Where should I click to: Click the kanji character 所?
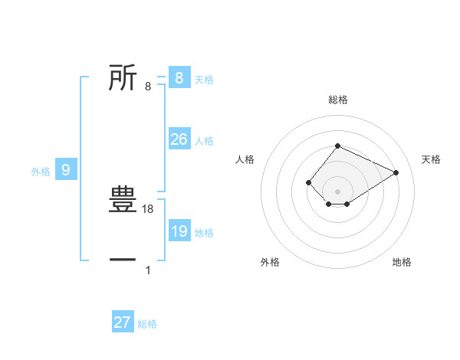[x=123, y=77]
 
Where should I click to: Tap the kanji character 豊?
[x=123, y=200]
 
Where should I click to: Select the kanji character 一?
[x=123, y=260]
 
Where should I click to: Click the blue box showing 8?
[x=179, y=77]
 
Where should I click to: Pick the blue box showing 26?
[x=179, y=139]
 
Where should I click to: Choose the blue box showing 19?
[x=179, y=231]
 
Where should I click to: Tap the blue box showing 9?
[x=66, y=170]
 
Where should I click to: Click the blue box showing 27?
[x=123, y=322]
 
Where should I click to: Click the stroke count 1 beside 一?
[x=148, y=270]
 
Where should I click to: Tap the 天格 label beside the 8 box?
[x=204, y=79]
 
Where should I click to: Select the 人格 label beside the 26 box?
[x=204, y=141]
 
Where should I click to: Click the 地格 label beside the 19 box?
[x=204, y=233]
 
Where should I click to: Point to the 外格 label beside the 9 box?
[x=41, y=172]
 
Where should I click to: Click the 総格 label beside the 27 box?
[x=147, y=324]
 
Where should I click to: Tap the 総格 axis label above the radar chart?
[x=337, y=100]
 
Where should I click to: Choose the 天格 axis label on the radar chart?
[x=432, y=159]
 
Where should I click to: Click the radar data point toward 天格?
[x=396, y=172]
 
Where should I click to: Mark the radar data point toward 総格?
[x=337, y=146]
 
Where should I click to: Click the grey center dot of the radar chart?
[x=337, y=191]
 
